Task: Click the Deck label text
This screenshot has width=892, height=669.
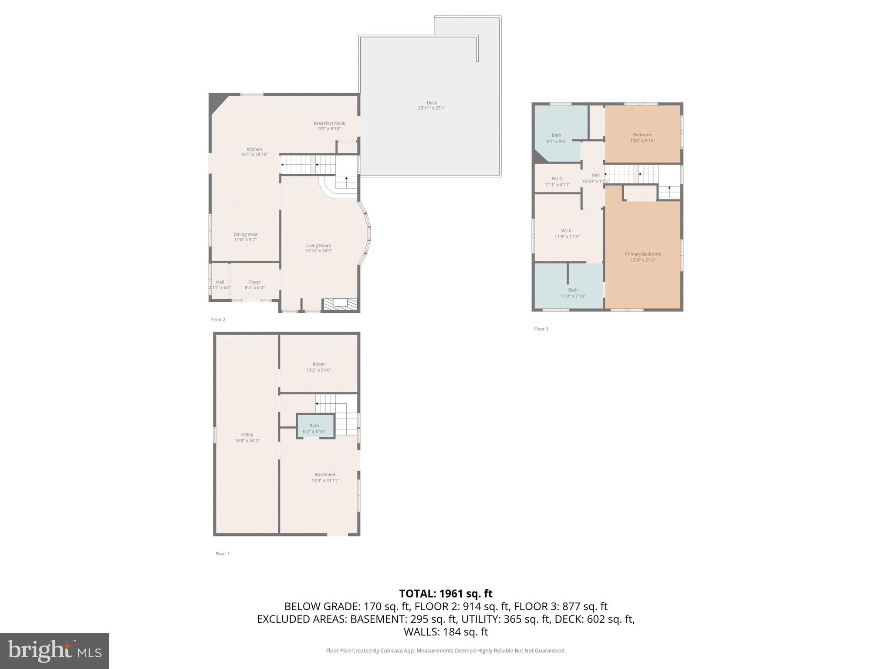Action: (432, 105)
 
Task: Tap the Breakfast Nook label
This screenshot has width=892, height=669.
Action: (329, 126)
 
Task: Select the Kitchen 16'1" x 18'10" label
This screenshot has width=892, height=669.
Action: (254, 152)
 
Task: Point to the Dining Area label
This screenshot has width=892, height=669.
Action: (245, 237)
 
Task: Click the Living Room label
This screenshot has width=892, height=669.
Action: (318, 248)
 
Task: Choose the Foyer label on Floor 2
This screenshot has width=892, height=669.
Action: (255, 285)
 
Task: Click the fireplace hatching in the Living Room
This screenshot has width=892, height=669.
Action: (340, 304)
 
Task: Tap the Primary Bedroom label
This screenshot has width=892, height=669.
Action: (643, 257)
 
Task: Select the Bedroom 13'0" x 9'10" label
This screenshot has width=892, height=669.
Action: (642, 138)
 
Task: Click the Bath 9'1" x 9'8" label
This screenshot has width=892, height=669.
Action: (556, 138)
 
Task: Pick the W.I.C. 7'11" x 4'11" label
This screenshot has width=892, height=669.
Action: (557, 182)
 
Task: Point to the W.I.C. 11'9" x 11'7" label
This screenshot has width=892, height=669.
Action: (567, 233)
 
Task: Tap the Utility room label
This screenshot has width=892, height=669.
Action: (247, 437)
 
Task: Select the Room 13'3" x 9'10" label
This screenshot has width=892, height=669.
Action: (318, 367)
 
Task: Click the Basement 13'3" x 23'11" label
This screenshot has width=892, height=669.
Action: (325, 477)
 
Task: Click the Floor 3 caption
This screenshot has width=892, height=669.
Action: (541, 329)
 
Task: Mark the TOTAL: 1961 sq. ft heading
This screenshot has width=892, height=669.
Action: (446, 594)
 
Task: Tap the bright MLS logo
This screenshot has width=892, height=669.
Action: (54, 651)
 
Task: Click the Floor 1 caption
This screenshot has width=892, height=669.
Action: (222, 554)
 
